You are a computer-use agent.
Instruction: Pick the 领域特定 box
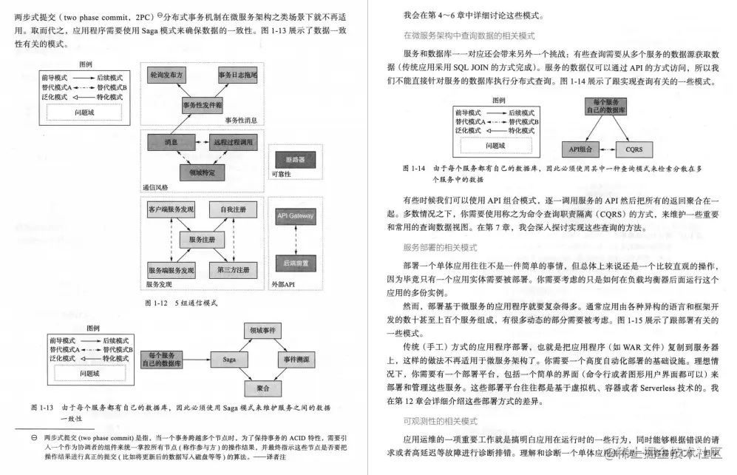click(201, 172)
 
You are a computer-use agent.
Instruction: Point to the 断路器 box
click(294, 159)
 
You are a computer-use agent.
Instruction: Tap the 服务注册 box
click(201, 240)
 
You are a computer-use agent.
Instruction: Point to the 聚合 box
click(262, 388)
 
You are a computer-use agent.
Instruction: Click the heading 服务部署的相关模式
click(440, 246)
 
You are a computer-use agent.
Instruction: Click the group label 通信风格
click(155, 187)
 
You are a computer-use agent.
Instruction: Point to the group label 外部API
click(282, 283)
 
